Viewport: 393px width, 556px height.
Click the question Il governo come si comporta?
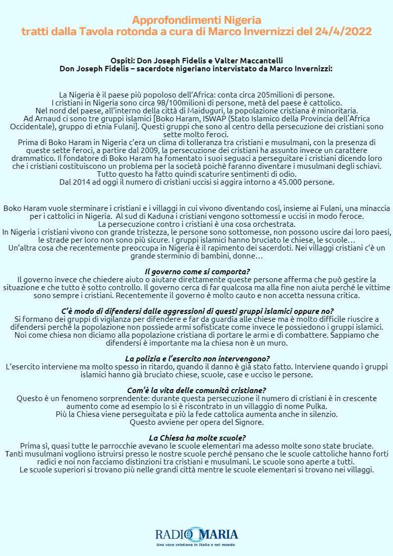coord(197,272)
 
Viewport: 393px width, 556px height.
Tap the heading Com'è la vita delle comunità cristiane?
coord(197,390)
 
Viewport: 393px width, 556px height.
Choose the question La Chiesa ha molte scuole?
coord(197,438)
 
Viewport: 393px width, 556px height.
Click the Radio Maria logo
coord(197,535)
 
